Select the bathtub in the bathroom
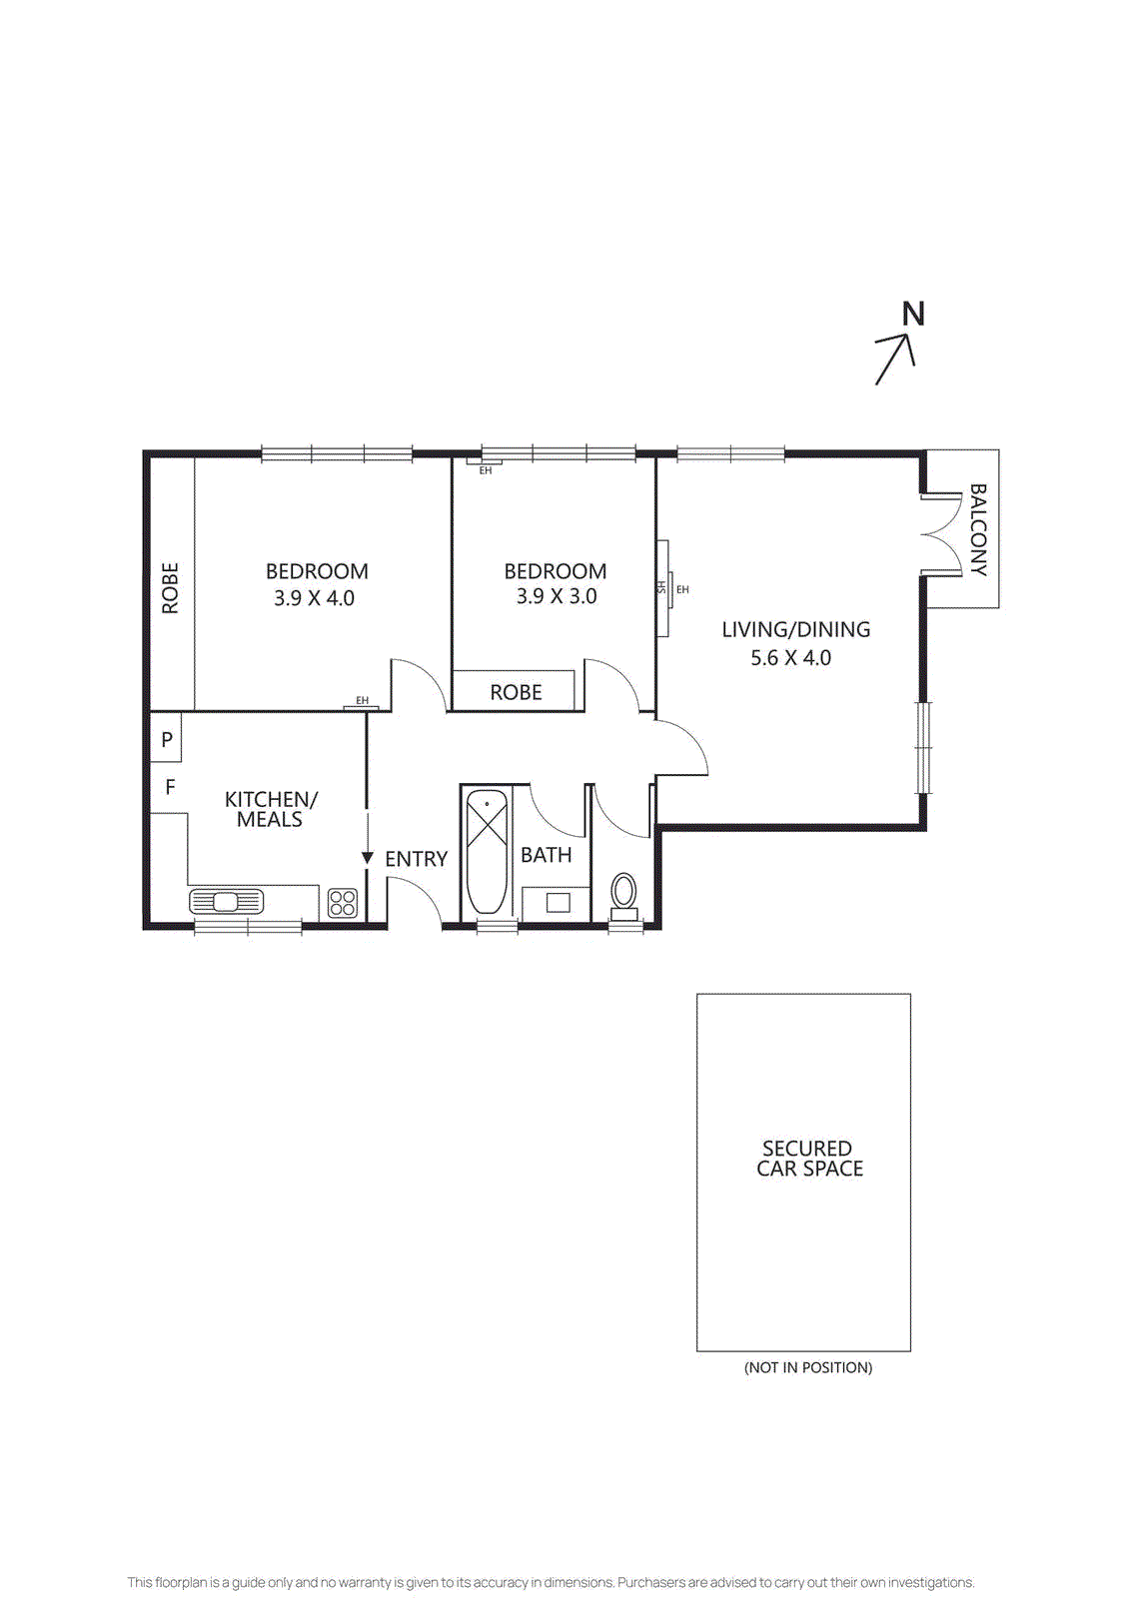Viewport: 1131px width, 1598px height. tap(488, 852)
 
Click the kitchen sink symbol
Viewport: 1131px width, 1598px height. tap(226, 902)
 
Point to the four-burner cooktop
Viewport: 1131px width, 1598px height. tap(343, 903)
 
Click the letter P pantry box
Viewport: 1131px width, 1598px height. tap(167, 740)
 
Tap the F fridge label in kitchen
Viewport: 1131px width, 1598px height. tap(170, 787)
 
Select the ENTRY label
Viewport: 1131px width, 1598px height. tap(416, 859)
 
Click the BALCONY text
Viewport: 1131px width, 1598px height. tap(978, 529)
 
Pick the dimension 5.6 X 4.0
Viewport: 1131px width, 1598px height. tap(790, 658)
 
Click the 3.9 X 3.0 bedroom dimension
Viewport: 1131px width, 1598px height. tap(557, 596)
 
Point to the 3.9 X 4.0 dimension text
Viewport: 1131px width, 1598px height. tap(314, 598)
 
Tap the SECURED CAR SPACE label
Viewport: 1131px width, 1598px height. tap(808, 1159)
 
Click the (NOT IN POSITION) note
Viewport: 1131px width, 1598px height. tap(807, 1367)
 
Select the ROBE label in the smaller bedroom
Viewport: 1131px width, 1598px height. tap(516, 692)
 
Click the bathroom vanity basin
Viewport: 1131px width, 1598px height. tap(558, 903)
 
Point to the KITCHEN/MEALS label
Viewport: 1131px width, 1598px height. tap(270, 809)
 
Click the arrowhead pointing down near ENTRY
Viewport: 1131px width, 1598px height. tap(367, 858)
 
